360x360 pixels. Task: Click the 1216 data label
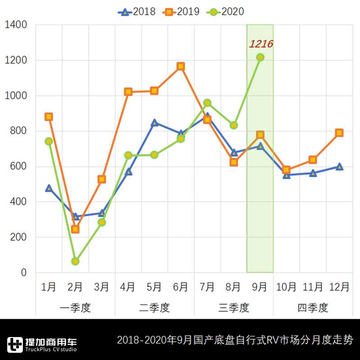tap(261, 44)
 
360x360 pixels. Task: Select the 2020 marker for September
tap(260, 57)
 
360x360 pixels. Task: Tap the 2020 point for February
tap(75, 261)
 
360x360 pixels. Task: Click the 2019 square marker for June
tap(181, 66)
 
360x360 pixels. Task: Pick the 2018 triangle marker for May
tap(154, 123)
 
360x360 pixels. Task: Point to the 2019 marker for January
tap(49, 117)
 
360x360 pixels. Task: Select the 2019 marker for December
tap(339, 133)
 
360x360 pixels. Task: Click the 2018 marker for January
tap(49, 188)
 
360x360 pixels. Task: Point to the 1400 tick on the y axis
tap(16, 25)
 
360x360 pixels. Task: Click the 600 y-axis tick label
tap(18, 166)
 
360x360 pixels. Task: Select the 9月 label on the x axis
tap(260, 287)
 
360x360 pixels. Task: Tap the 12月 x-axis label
tap(339, 287)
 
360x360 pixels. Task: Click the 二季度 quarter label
tap(154, 308)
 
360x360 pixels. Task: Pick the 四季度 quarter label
tap(313, 308)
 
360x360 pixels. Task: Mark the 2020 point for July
tap(207, 103)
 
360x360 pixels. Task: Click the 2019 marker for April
tap(128, 92)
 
